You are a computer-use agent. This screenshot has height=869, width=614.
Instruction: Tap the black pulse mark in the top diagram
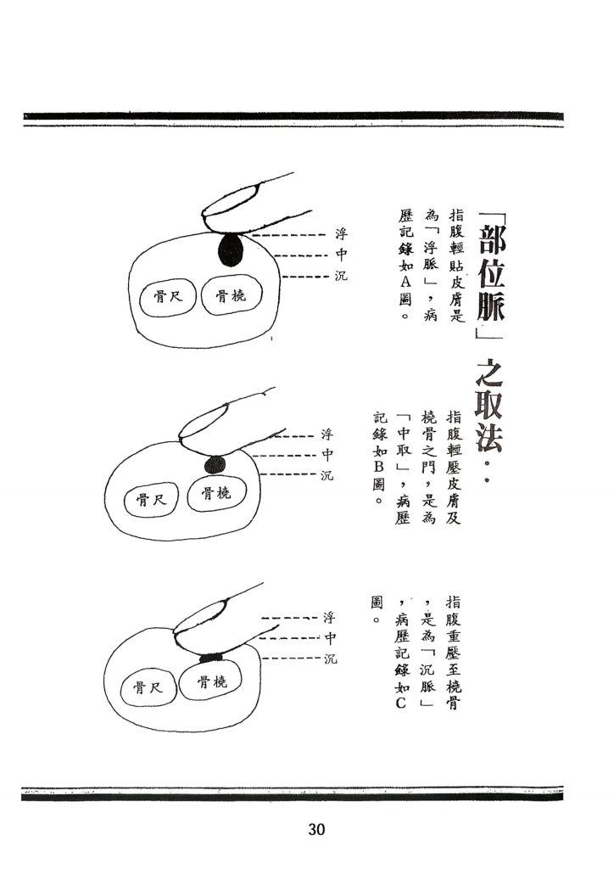tap(230, 250)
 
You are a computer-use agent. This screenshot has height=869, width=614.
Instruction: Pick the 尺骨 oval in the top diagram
tap(166, 297)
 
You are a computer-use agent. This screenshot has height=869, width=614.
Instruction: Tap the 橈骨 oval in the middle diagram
tap(215, 495)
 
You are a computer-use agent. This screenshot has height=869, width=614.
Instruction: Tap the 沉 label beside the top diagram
tap(341, 277)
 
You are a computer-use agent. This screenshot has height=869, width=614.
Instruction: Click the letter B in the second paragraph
tap(379, 468)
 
